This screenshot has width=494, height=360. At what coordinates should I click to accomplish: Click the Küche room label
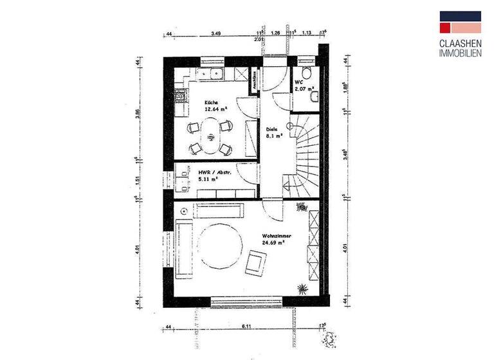[212, 103]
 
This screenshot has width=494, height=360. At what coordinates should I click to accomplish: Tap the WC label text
[298, 82]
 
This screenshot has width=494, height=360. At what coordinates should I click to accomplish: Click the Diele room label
[272, 129]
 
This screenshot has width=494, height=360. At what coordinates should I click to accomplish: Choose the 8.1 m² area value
[274, 136]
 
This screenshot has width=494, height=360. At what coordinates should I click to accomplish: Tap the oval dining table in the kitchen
[211, 138]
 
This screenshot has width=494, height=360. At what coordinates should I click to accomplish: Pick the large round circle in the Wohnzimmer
[219, 246]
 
